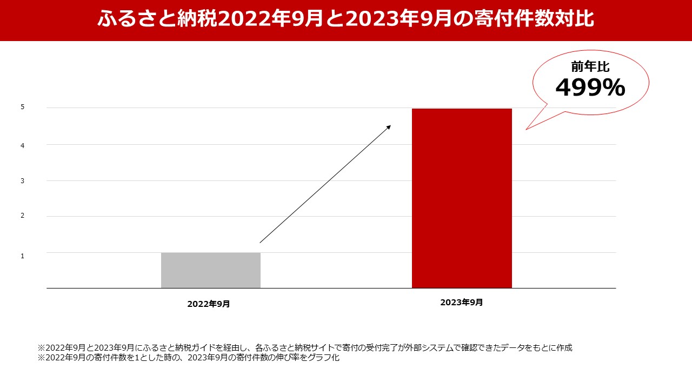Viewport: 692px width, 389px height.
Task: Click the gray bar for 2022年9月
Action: (x=211, y=270)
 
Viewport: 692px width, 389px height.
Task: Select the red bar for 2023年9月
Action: (x=462, y=198)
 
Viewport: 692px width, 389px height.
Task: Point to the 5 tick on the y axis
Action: (x=23, y=107)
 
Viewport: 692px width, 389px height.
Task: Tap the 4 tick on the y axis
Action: (x=23, y=145)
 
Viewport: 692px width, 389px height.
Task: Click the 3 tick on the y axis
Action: (x=23, y=181)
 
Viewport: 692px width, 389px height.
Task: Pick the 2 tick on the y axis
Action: (x=23, y=216)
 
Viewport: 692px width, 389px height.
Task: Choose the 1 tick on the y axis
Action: (x=23, y=256)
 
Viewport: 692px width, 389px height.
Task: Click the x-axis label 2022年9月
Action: (x=209, y=304)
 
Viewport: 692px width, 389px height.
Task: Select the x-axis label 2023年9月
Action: (x=461, y=303)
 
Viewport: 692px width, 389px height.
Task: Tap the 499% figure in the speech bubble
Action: (x=590, y=88)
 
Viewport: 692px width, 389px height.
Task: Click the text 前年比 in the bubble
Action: (x=590, y=66)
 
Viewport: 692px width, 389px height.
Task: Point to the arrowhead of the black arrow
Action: (x=389, y=127)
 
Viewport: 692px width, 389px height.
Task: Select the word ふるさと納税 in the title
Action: (x=157, y=19)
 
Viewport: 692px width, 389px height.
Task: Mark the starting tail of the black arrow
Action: (x=261, y=242)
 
